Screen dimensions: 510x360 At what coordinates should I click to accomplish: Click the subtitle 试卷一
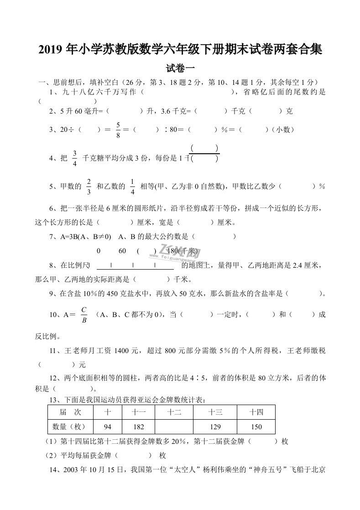pos(180,69)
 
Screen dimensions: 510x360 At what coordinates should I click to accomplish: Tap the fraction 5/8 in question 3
pos(118,130)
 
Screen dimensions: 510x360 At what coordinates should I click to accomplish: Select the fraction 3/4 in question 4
pos(74,158)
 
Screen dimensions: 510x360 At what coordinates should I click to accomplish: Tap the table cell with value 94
pos(108,427)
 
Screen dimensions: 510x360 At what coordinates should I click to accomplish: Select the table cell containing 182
pos(139,427)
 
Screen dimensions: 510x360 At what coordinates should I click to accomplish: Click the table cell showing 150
pos(256,427)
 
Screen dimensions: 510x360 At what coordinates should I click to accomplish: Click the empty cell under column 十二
pos(174,427)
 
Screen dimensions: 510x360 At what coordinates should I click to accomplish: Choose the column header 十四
pos(256,412)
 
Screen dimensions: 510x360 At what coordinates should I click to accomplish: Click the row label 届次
pos(70,412)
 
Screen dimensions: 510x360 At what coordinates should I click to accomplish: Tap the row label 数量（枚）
pos(70,427)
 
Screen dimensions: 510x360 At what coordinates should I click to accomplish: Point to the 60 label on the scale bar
pos(122,251)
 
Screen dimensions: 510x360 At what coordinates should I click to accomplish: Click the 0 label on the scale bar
pos(99,251)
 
